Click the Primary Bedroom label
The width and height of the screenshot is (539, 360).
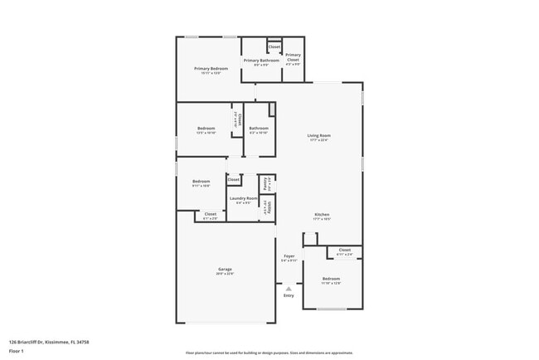pyautogui.click(x=211, y=70)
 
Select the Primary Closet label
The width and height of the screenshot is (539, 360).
pyautogui.click(x=293, y=58)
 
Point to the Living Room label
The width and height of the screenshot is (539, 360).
pyautogui.click(x=319, y=137)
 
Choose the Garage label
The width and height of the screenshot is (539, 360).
pyautogui.click(x=225, y=270)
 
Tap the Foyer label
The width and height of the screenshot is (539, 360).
pyautogui.click(x=289, y=257)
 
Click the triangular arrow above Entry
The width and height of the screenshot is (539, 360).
pyautogui.click(x=289, y=288)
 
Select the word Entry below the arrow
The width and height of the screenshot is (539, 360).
pyautogui.click(x=289, y=295)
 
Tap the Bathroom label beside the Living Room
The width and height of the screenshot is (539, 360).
pyautogui.click(x=258, y=129)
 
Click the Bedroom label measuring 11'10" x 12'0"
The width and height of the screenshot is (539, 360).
pyautogui.click(x=331, y=280)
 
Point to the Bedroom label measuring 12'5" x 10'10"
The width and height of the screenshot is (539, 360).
pyautogui.click(x=206, y=130)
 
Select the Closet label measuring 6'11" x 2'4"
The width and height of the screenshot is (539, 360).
pyautogui.click(x=345, y=251)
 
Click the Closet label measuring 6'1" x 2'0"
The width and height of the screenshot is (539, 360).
pyautogui.click(x=211, y=216)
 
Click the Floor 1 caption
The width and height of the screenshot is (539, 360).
pyautogui.click(x=17, y=350)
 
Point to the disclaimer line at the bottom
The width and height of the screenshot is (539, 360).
pyautogui.click(x=269, y=353)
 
